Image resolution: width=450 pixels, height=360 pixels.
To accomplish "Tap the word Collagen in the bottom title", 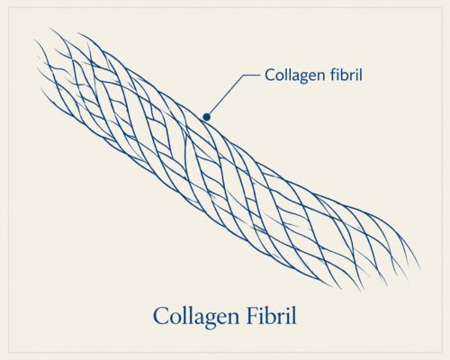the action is (196, 317).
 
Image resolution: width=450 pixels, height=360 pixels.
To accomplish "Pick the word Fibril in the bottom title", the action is (272, 315).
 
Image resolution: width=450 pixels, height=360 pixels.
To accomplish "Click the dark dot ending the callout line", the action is (206, 117).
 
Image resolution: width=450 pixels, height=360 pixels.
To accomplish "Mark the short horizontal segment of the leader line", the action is (251, 75).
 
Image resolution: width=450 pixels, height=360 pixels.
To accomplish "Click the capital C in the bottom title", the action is (161, 315).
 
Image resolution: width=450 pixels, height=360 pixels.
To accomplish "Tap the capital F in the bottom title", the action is (253, 315).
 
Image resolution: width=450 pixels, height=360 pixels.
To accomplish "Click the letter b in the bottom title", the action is (274, 315).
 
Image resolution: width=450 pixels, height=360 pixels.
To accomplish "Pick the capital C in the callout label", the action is (269, 75).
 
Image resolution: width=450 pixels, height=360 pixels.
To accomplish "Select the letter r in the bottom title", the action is (285, 319).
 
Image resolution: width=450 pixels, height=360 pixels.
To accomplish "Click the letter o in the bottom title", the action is (176, 319).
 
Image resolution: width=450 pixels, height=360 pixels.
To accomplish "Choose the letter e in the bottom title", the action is (222, 319).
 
